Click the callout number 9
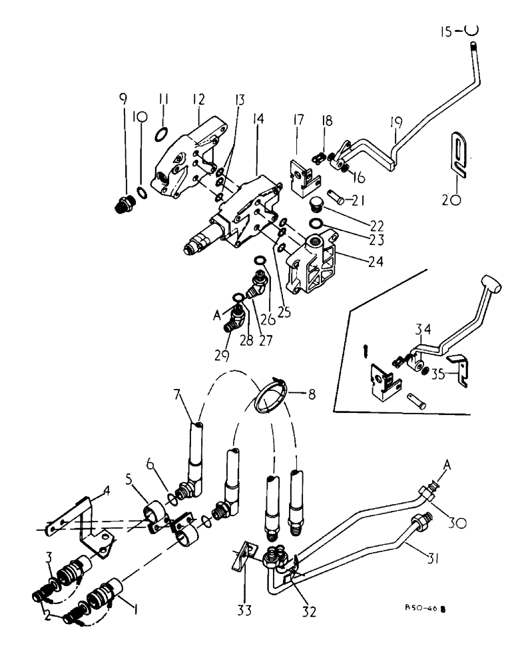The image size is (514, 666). pos(122,101)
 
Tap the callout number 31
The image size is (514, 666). pos(433,551)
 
